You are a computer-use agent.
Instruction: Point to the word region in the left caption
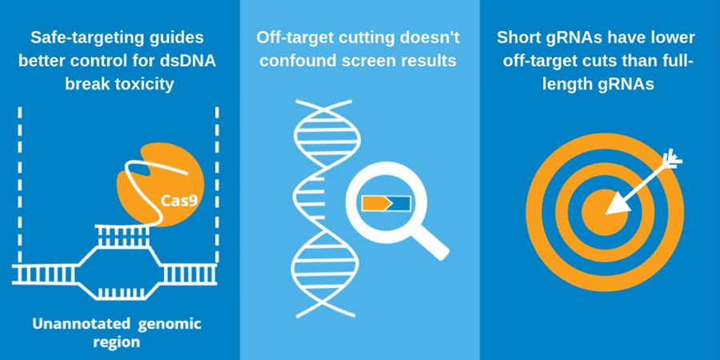pos(117,342)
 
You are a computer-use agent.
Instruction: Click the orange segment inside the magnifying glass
pos(374,203)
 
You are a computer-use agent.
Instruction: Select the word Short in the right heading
pos(518,38)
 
